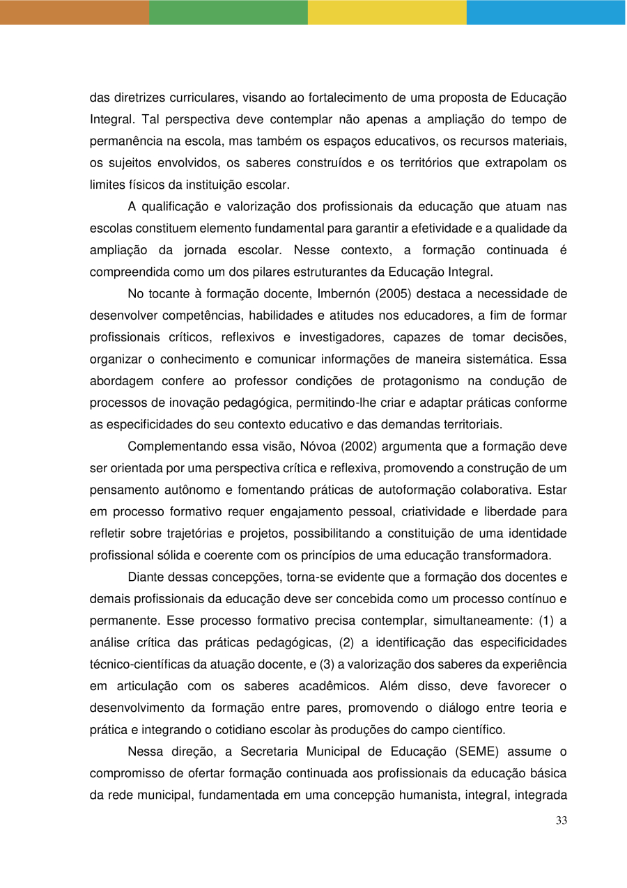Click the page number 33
(562, 820)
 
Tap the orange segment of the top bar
(74, 12)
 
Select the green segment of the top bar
(228, 12)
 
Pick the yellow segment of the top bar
(387, 12)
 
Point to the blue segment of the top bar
(545, 12)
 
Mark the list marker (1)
(548, 621)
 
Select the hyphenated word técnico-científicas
(145, 664)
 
